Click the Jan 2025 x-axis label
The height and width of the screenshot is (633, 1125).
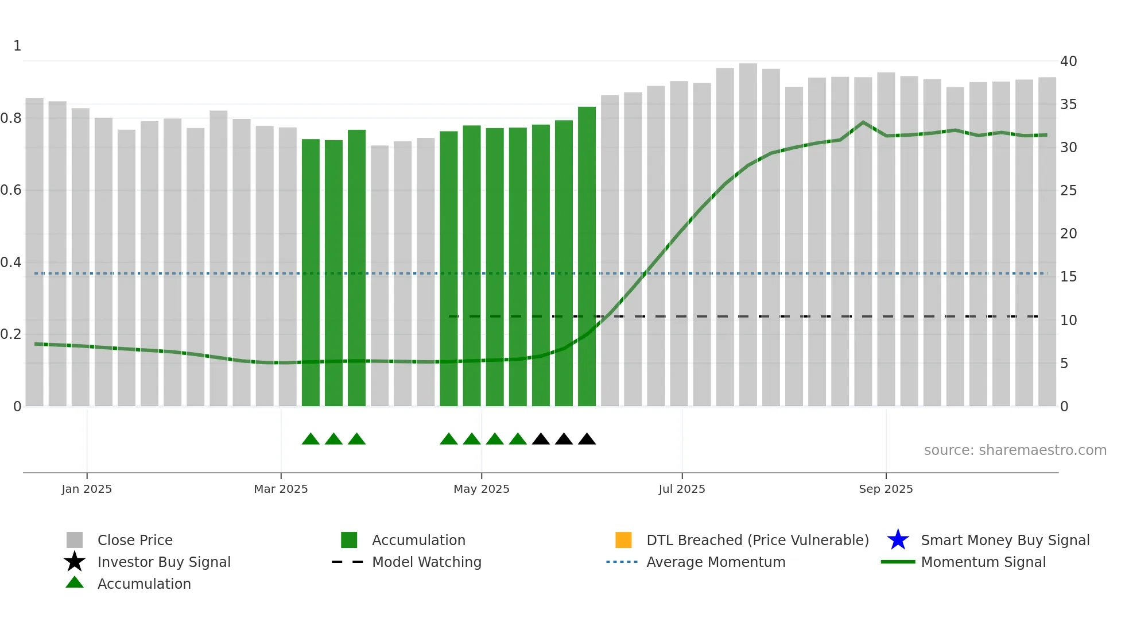tap(87, 489)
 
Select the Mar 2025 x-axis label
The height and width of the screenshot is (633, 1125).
tap(281, 489)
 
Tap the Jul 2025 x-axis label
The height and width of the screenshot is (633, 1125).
tap(681, 489)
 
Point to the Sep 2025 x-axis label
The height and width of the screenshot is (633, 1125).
tap(886, 489)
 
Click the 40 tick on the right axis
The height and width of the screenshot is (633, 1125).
tap(1068, 61)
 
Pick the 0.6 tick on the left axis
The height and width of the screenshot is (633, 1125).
tap(11, 190)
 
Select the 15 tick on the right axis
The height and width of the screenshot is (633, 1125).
tap(1068, 277)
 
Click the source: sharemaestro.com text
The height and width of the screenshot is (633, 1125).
tap(1015, 450)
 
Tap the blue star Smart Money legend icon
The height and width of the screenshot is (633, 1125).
tap(898, 540)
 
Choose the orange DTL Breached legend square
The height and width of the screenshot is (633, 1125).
tap(623, 540)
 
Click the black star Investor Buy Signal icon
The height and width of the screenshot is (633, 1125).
tap(75, 562)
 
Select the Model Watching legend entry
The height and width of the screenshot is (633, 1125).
tap(426, 562)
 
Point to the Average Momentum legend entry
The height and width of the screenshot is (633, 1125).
tap(715, 562)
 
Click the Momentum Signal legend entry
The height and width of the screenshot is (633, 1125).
tap(983, 562)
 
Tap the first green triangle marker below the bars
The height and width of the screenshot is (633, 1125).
tap(311, 439)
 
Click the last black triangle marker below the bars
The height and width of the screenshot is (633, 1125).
tap(587, 439)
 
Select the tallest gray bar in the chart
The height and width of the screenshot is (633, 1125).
tap(748, 236)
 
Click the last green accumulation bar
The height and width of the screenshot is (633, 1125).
tap(587, 258)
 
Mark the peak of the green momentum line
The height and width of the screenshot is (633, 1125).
tap(863, 122)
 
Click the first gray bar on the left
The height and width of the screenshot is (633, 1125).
tap(34, 253)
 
